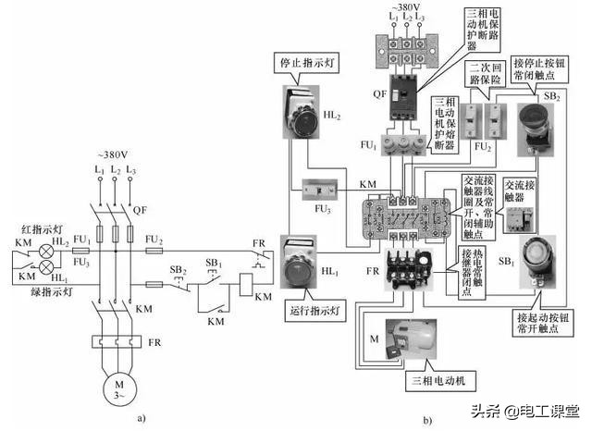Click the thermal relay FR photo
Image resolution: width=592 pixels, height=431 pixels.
tap(405, 265)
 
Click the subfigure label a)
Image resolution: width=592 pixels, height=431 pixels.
tap(141, 418)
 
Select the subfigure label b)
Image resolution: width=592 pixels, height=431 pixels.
tap(427, 418)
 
